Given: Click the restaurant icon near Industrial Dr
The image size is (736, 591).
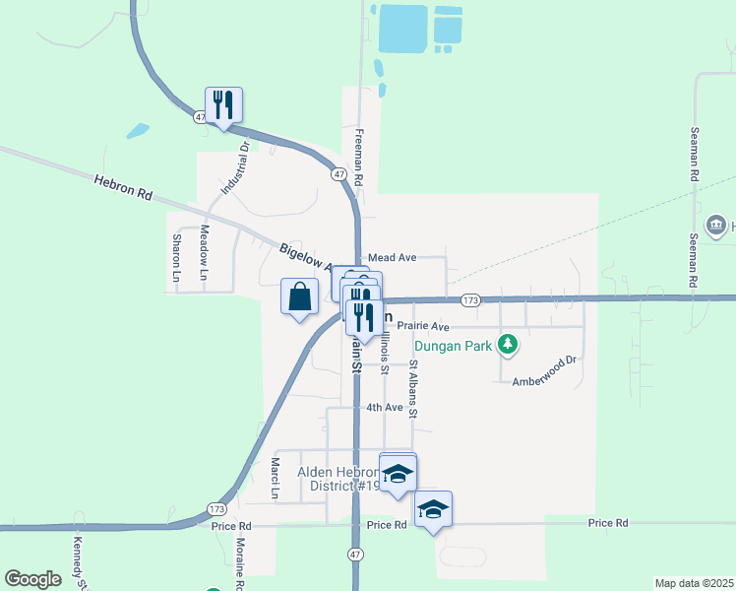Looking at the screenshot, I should coord(224,104).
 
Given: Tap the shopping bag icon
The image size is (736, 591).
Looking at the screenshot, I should coord(300,296).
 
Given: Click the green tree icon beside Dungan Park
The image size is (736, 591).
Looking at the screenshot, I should coord(508,344).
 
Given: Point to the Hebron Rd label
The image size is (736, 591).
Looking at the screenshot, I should coord(123,187).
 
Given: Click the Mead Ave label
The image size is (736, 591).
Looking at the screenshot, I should coord(393,257).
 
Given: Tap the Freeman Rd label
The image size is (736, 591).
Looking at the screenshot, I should coord(360,158).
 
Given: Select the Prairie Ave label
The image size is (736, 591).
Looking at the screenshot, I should coord(423,326).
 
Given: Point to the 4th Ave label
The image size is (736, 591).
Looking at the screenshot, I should coord(385,407).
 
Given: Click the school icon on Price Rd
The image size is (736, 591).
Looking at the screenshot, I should coord(433,509).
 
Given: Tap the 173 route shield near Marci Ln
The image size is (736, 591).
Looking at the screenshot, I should coord(217,508).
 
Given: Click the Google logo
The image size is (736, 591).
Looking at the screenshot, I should coord(32,579).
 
